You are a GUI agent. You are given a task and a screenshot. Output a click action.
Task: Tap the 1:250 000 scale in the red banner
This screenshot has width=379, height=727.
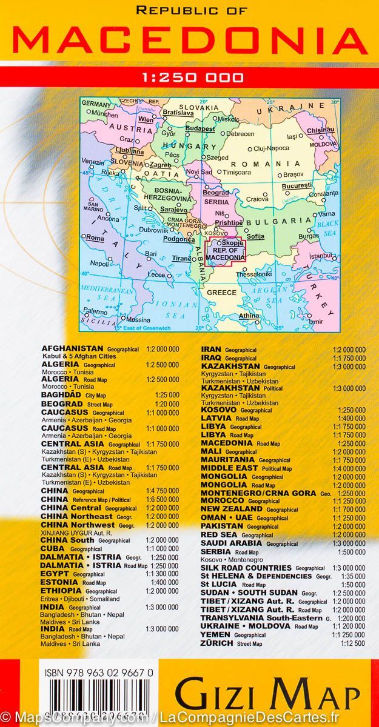(x=190, y=77)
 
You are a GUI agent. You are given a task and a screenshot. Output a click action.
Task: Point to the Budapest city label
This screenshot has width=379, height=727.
(x=200, y=129)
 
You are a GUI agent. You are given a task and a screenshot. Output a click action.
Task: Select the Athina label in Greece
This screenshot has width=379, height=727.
(x=249, y=316)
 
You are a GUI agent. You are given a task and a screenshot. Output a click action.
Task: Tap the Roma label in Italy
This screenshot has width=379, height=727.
(x=96, y=238)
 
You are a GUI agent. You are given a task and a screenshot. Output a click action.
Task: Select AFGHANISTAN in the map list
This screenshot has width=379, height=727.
(x=72, y=349)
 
